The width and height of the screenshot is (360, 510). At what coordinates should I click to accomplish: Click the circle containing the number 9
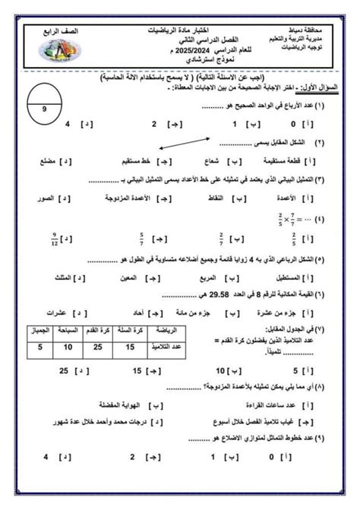click(45, 109)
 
